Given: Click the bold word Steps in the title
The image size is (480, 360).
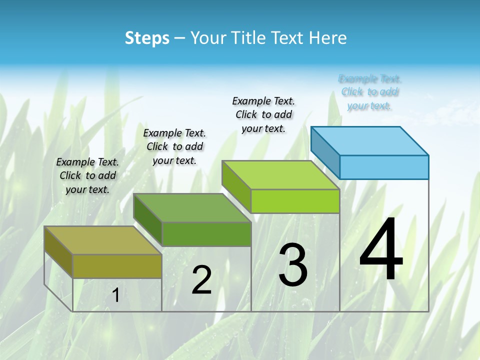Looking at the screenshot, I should [x=147, y=38].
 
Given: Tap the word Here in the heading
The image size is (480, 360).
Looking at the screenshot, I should [x=327, y=38].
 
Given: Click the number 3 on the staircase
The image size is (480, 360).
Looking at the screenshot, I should [x=293, y=265].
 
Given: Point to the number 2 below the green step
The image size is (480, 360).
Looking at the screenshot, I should [x=201, y=280].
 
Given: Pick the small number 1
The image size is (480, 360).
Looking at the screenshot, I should [x=116, y=295].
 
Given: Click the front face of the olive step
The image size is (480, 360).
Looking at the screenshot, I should [x=117, y=266].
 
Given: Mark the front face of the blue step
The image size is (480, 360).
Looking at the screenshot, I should [x=384, y=167].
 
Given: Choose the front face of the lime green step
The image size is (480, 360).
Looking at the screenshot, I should [x=295, y=201].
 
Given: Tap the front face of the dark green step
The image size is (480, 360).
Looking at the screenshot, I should [x=206, y=234].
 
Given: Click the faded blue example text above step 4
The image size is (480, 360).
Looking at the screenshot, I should [x=370, y=92].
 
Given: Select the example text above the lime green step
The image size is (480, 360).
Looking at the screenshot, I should [x=263, y=114].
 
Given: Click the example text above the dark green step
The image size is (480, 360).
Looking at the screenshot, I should [x=174, y=146].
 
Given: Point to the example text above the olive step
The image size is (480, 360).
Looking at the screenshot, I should [x=87, y=175].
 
